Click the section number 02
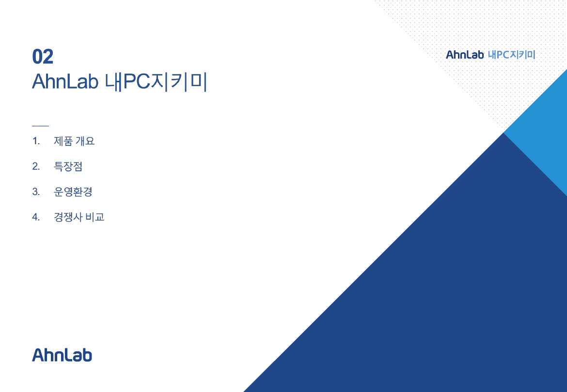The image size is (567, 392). (x=43, y=57)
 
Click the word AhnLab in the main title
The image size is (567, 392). (x=65, y=82)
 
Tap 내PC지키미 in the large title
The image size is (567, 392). (x=156, y=82)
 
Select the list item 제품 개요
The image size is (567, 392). (x=74, y=141)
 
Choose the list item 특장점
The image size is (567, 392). (x=68, y=166)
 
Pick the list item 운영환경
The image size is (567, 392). (x=73, y=191)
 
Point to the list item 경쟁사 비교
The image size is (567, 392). (x=79, y=217)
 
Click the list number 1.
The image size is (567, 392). (x=36, y=141)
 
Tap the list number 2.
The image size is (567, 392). (x=36, y=166)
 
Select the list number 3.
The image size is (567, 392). (x=36, y=191)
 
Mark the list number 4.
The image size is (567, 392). (x=36, y=217)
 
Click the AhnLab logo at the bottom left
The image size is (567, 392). (x=62, y=355)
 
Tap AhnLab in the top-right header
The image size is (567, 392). (x=465, y=55)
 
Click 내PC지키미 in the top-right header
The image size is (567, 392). (x=511, y=55)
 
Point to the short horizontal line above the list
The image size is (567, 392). (x=41, y=126)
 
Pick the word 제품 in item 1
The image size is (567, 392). (x=63, y=141)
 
